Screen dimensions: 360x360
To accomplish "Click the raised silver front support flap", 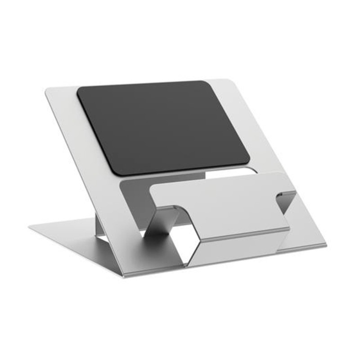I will [220, 202].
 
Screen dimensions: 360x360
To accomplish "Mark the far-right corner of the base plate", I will [326, 246].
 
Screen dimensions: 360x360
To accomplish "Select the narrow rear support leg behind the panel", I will [100, 225].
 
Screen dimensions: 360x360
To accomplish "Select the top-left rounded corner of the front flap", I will [153, 187].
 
